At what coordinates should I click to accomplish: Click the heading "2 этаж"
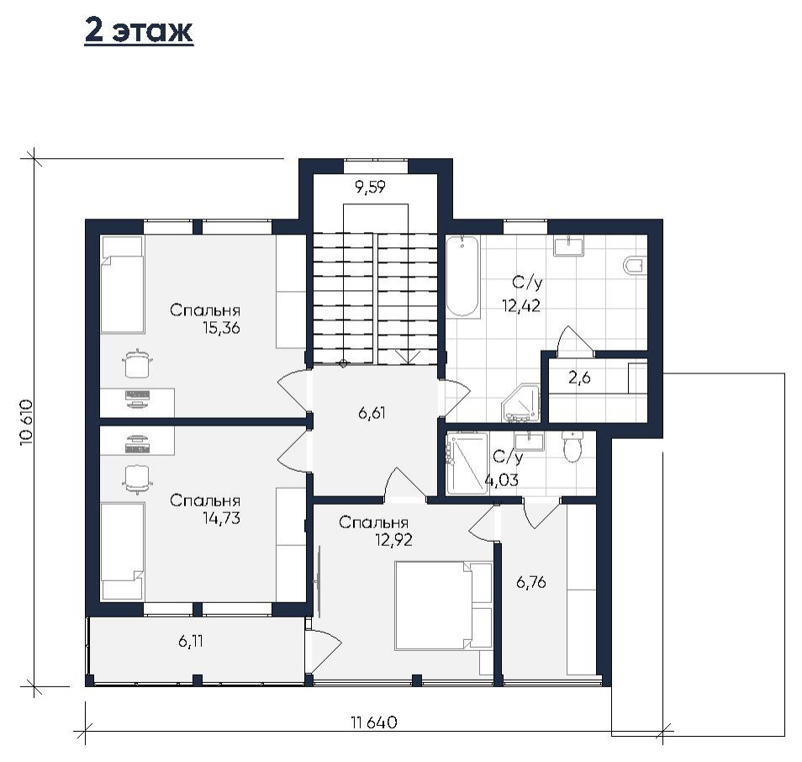139,31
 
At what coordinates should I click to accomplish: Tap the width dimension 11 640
374,722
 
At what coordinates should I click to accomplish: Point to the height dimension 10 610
27,422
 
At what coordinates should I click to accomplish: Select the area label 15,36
221,328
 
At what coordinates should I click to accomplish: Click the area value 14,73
221,518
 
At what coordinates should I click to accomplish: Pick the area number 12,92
393,540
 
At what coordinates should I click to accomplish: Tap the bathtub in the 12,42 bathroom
463,277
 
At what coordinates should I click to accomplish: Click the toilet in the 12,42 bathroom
634,265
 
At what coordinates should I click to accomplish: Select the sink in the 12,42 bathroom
568,246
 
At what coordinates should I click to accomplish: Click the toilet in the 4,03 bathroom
572,447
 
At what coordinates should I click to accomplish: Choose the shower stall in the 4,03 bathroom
467,463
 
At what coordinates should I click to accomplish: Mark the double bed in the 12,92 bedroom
443,606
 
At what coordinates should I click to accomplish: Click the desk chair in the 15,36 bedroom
137,362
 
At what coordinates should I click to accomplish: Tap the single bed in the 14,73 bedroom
123,551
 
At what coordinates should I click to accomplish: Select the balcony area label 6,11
191,641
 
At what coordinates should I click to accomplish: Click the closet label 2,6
579,378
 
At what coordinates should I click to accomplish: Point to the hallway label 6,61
372,413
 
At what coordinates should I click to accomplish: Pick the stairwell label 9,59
370,187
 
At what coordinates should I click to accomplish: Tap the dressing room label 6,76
531,582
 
